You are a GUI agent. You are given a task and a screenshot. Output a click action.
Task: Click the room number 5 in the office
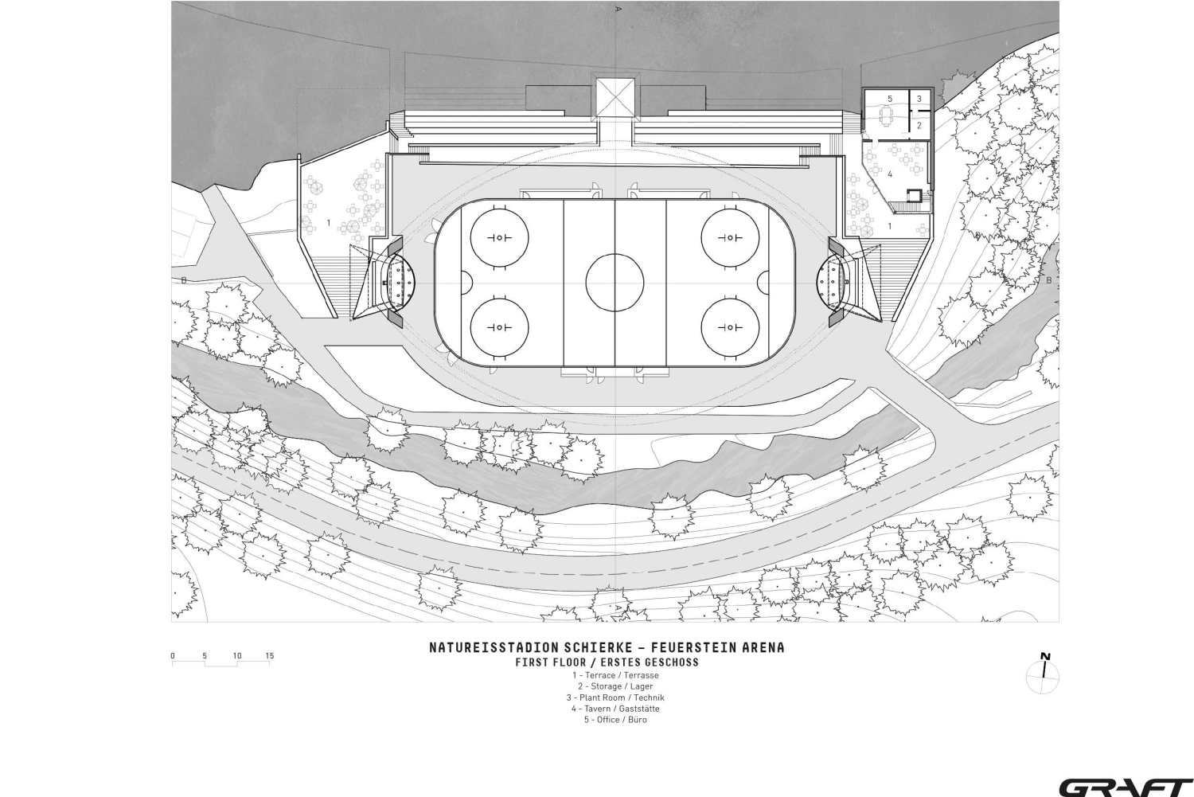coord(890,99)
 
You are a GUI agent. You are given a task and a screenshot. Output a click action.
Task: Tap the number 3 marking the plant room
coord(919,99)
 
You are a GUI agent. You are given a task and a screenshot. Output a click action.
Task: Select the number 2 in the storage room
coord(919,126)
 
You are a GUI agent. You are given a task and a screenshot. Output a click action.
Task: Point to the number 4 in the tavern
coord(890,174)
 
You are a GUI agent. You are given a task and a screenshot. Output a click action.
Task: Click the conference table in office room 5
coord(887,115)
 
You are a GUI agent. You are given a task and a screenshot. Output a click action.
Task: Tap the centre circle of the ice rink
coord(615,283)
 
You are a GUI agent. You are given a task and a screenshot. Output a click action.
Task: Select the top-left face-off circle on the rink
coord(499,238)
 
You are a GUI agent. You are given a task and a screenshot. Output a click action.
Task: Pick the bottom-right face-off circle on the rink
coord(730,326)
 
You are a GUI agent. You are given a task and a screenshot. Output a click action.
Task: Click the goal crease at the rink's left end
coord(467,283)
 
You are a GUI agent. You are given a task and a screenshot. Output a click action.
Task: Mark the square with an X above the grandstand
coord(615,97)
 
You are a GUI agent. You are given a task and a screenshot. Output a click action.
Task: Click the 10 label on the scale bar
coord(236,656)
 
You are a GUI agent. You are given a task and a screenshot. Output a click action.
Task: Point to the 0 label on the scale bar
coord(173,656)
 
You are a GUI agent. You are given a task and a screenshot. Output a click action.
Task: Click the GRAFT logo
coord(1126,787)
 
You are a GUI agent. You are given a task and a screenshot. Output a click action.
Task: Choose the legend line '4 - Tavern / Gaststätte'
coord(615,709)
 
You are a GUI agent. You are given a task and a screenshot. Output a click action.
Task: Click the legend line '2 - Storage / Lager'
coord(615,686)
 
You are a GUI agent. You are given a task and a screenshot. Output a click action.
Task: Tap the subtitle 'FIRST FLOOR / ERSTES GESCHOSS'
coord(607,662)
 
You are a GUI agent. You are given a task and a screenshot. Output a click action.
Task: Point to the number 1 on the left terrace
coord(328,223)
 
